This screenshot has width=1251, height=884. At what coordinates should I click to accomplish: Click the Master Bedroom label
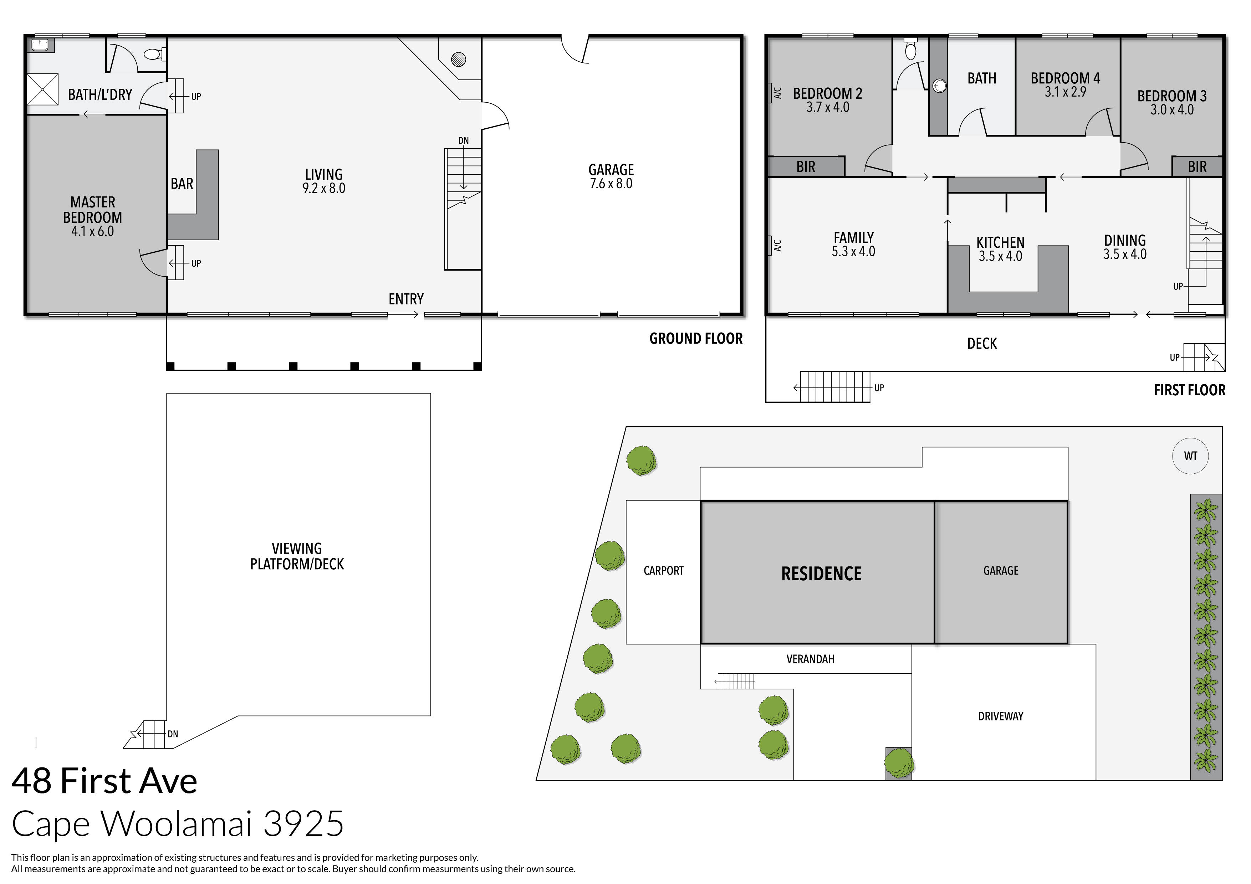click(93, 210)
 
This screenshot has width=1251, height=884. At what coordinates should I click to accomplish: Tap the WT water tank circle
click(1190, 456)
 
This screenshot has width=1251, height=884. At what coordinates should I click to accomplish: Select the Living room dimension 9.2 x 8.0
click(324, 189)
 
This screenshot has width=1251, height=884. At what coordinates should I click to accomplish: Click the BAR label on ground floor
click(182, 184)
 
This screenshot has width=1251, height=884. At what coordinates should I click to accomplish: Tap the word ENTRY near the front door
click(406, 299)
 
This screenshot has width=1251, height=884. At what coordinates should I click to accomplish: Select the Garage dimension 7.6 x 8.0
click(611, 184)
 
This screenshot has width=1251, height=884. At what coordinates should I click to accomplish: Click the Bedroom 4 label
click(1065, 78)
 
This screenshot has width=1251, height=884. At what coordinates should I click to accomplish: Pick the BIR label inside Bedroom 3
click(1197, 167)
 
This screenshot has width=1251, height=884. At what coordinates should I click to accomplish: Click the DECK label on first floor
click(982, 344)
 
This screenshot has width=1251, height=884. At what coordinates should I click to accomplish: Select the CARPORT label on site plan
click(663, 571)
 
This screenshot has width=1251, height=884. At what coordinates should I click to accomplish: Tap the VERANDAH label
click(810, 659)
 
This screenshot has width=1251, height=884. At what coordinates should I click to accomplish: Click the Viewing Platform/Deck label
click(297, 556)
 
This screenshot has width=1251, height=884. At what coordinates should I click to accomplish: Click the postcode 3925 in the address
click(303, 823)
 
